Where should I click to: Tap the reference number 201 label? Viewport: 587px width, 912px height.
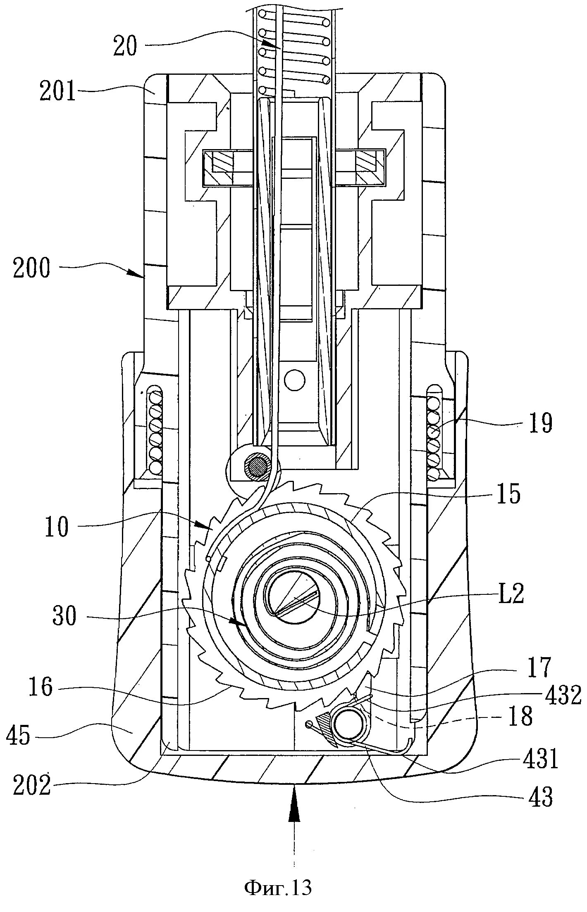tap(58, 92)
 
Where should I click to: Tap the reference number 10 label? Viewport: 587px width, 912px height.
tap(57, 527)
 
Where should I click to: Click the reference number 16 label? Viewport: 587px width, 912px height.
tap(41, 688)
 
